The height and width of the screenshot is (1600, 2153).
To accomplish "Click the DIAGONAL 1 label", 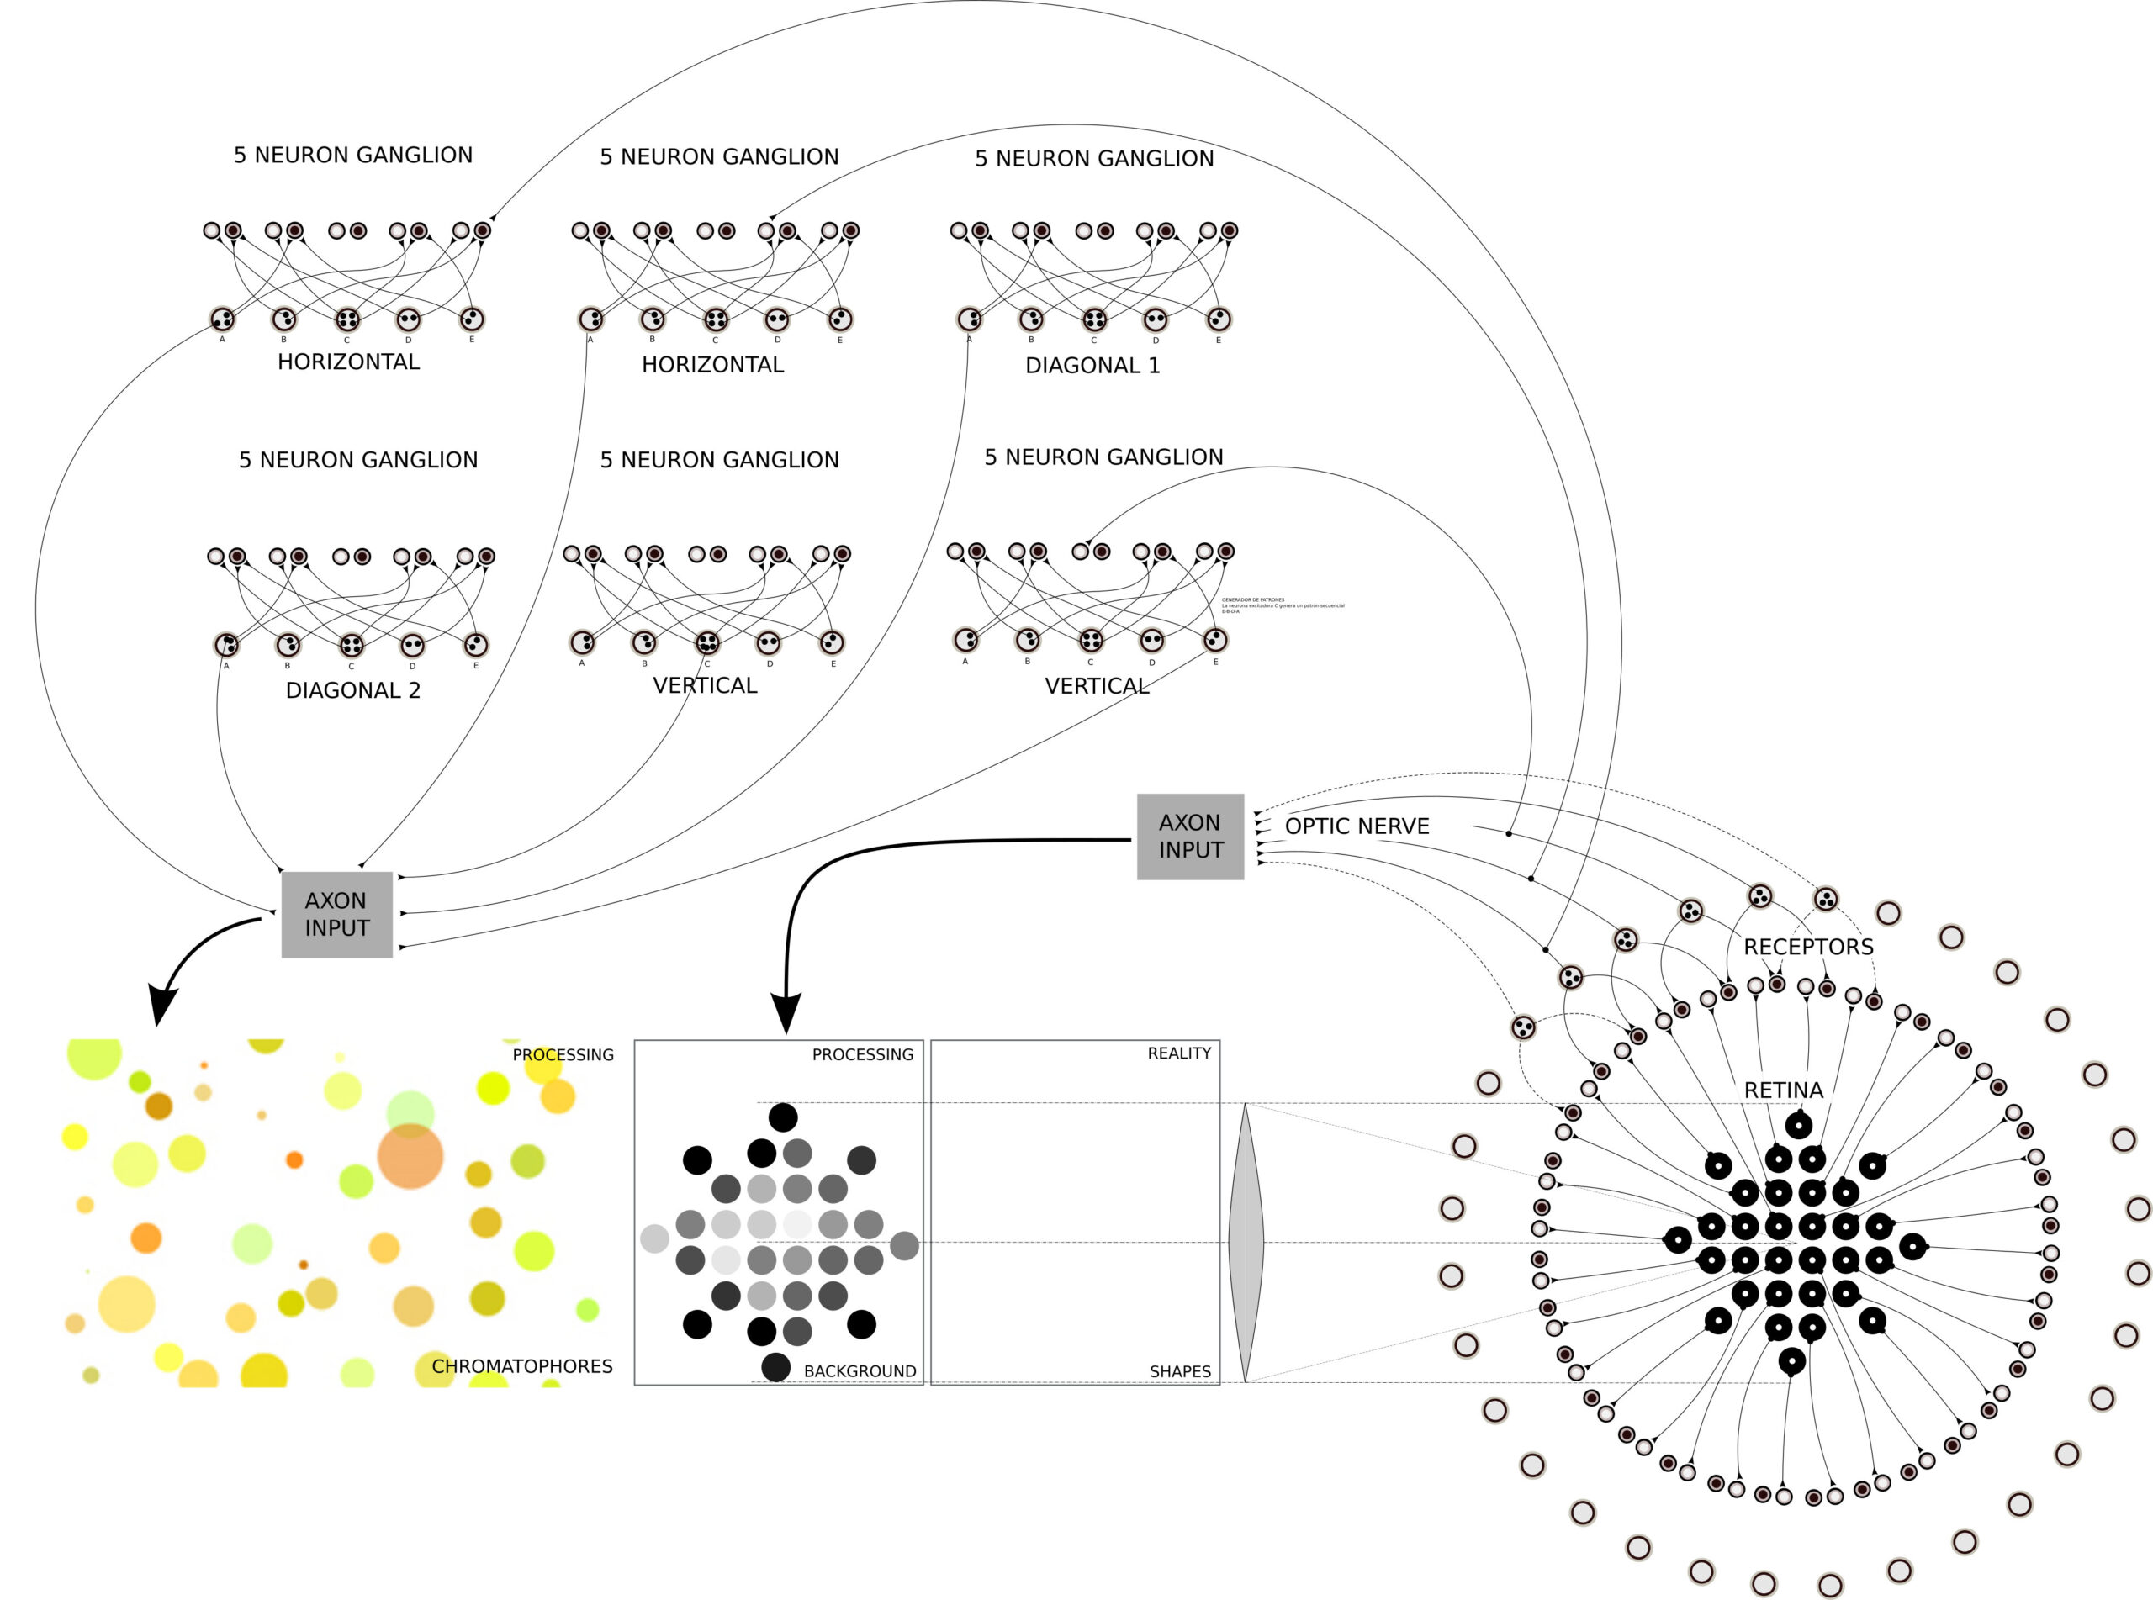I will (x=1092, y=365).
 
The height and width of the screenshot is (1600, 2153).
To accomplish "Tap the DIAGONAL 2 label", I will (x=352, y=690).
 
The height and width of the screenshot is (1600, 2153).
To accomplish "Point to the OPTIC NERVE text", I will (x=1356, y=826).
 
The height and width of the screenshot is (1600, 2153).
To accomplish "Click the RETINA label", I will (x=1783, y=1090).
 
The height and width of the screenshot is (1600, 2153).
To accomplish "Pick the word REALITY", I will (x=1177, y=1053).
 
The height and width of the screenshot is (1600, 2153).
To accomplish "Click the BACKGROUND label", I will (x=859, y=1370).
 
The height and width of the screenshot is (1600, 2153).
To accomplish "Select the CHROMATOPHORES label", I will (x=521, y=1365).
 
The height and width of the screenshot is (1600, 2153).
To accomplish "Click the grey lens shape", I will (x=1245, y=1242).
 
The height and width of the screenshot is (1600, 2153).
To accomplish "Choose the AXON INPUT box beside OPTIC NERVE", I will (x=1189, y=837).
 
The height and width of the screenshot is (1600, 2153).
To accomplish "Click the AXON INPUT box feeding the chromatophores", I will (x=336, y=914).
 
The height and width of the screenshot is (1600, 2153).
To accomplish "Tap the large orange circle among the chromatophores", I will (x=410, y=1155).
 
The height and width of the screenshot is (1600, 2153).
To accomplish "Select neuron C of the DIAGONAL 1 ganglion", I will (x=1093, y=319).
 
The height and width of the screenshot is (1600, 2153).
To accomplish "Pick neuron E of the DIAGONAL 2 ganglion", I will (x=474, y=644).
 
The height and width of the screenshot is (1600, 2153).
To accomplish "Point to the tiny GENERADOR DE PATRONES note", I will (x=1282, y=605).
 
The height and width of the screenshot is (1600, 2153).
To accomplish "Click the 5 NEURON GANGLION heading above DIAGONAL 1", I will (x=1093, y=159).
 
